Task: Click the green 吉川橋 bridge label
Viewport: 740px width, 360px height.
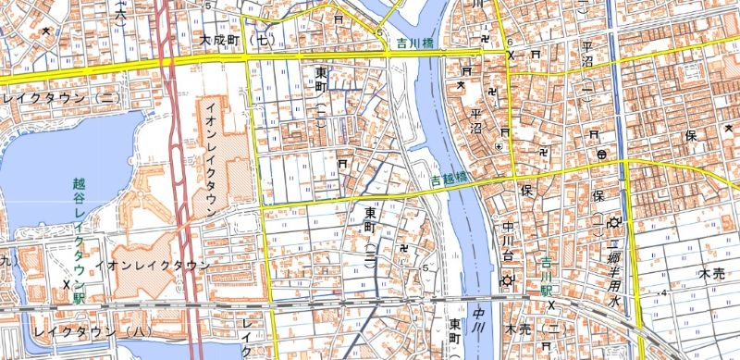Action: pyautogui.click(x=416, y=43)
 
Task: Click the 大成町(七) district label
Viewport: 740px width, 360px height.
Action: pyautogui.click(x=239, y=41)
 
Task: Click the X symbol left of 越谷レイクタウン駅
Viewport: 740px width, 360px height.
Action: pyautogui.click(x=67, y=283)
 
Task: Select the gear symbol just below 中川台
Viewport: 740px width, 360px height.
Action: pyautogui.click(x=507, y=279)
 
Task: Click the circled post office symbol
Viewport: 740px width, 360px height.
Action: pyautogui.click(x=602, y=154)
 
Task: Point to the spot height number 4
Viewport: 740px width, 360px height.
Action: pyautogui.click(x=664, y=293)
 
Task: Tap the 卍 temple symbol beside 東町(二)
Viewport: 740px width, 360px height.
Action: pyautogui.click(x=404, y=248)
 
